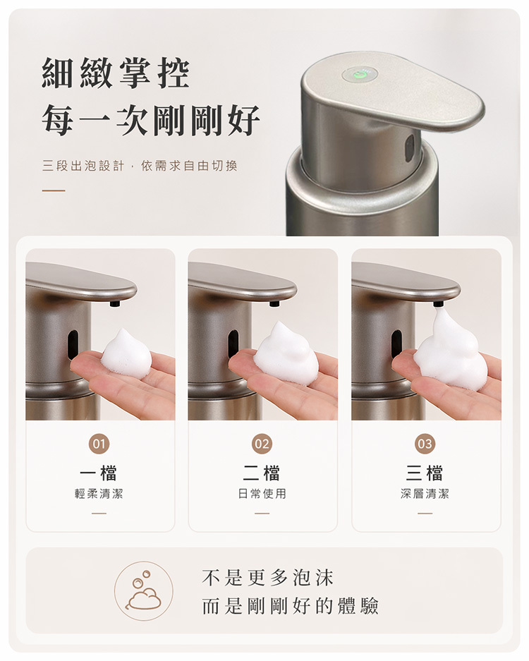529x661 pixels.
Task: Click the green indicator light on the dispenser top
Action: click(x=359, y=75)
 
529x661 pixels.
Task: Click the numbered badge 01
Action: click(x=99, y=444)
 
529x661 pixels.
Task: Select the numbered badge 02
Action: click(x=262, y=444)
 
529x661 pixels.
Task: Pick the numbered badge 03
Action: click(x=425, y=444)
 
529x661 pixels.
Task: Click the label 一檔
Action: click(x=99, y=473)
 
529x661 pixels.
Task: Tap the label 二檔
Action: click(x=262, y=473)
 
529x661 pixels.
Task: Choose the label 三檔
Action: click(x=425, y=473)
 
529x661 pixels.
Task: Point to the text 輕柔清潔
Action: click(x=99, y=494)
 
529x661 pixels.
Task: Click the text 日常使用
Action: click(x=262, y=494)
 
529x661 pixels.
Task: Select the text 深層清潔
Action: click(x=425, y=494)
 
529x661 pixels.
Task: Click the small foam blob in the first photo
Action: click(x=127, y=351)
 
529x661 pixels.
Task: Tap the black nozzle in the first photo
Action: click(x=114, y=303)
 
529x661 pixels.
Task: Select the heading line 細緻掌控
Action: click(x=116, y=74)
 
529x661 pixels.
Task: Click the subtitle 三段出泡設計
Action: click(x=83, y=166)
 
